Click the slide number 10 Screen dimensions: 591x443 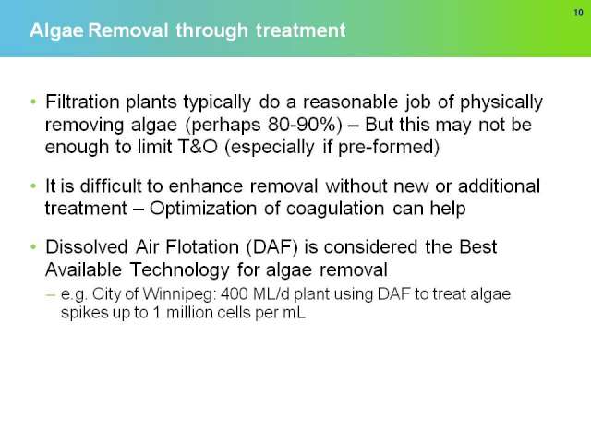point(578,12)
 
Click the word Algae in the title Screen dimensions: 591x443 point(56,30)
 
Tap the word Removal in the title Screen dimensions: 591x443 point(127,30)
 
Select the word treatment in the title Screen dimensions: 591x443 point(300,30)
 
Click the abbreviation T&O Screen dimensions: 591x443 point(198,147)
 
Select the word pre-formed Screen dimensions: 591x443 point(389,148)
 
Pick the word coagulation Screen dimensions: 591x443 point(335,210)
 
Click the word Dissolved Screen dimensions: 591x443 point(86,247)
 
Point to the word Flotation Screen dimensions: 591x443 point(202,247)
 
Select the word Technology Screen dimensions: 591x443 point(179,270)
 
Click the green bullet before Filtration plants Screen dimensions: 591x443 point(33,102)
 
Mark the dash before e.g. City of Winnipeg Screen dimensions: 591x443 point(51,295)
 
